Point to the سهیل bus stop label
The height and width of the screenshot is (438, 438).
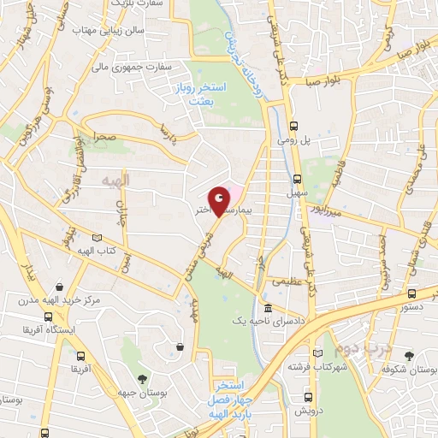click(297, 194)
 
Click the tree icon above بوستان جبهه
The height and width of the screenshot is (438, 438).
click(141, 377)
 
